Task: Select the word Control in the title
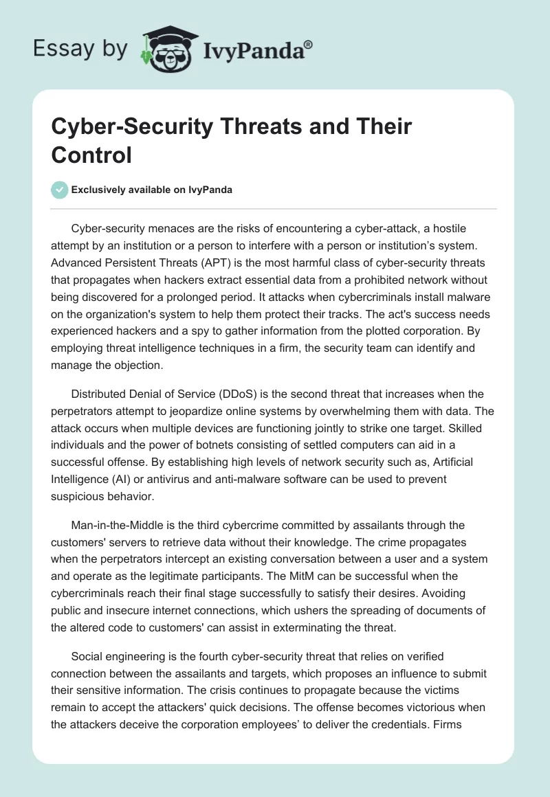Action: tap(91, 155)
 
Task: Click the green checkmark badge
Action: tap(59, 190)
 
